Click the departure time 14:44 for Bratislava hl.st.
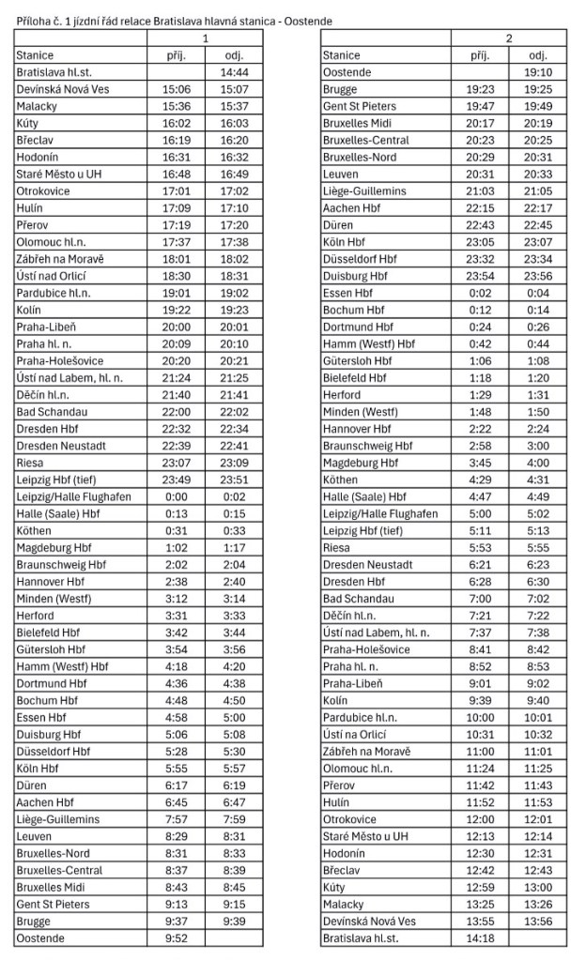(x=234, y=71)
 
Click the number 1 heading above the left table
(x=206, y=39)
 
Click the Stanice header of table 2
(x=340, y=55)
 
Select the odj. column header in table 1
(x=234, y=55)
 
